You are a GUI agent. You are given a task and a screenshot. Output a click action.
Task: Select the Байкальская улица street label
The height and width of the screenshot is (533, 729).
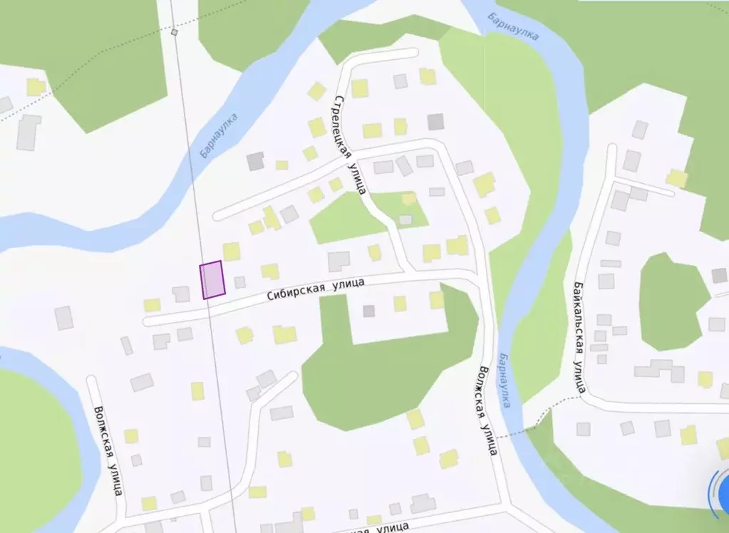click(579, 336)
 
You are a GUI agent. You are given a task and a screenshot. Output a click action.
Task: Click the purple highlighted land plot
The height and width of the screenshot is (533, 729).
click(212, 279)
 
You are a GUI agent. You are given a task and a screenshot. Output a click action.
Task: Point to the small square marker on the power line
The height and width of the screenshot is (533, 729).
click(175, 32)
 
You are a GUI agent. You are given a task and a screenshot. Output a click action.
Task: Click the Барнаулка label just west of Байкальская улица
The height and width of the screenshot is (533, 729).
click(505, 380)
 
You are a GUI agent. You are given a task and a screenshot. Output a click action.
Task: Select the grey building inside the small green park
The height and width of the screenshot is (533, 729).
click(405, 219)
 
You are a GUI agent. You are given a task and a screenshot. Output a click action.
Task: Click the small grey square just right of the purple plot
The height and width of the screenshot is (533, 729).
click(240, 282)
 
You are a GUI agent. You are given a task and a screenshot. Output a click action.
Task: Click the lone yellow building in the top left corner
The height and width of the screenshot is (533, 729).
click(36, 87)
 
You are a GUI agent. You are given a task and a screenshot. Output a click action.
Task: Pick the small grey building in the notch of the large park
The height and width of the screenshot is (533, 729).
click(368, 311)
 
